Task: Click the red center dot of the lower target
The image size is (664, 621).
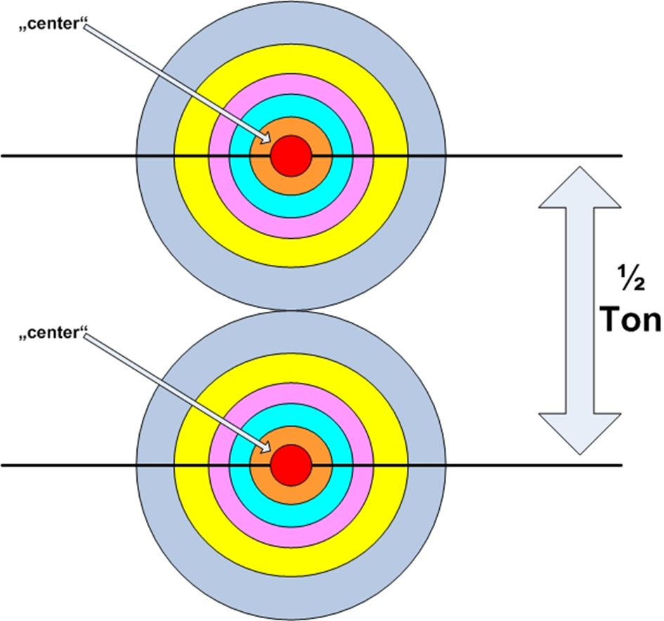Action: point(291,464)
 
